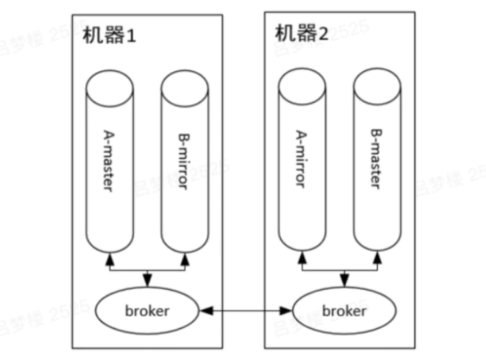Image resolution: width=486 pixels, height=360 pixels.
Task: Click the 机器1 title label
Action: coord(110,36)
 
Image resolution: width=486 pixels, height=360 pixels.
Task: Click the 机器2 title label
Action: coord(302,32)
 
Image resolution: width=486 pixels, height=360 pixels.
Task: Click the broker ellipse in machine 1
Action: coord(147,311)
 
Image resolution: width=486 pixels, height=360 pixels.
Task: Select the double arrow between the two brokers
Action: coord(244,311)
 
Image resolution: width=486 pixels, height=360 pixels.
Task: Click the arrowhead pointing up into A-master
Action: coord(108,259)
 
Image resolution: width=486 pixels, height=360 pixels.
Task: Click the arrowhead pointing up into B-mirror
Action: coord(184,259)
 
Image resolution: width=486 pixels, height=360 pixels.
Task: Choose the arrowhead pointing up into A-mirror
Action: coord(301,258)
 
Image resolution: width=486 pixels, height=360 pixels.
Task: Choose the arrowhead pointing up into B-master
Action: coord(376,258)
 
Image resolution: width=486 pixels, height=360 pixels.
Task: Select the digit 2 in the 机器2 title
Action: coord(321,33)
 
